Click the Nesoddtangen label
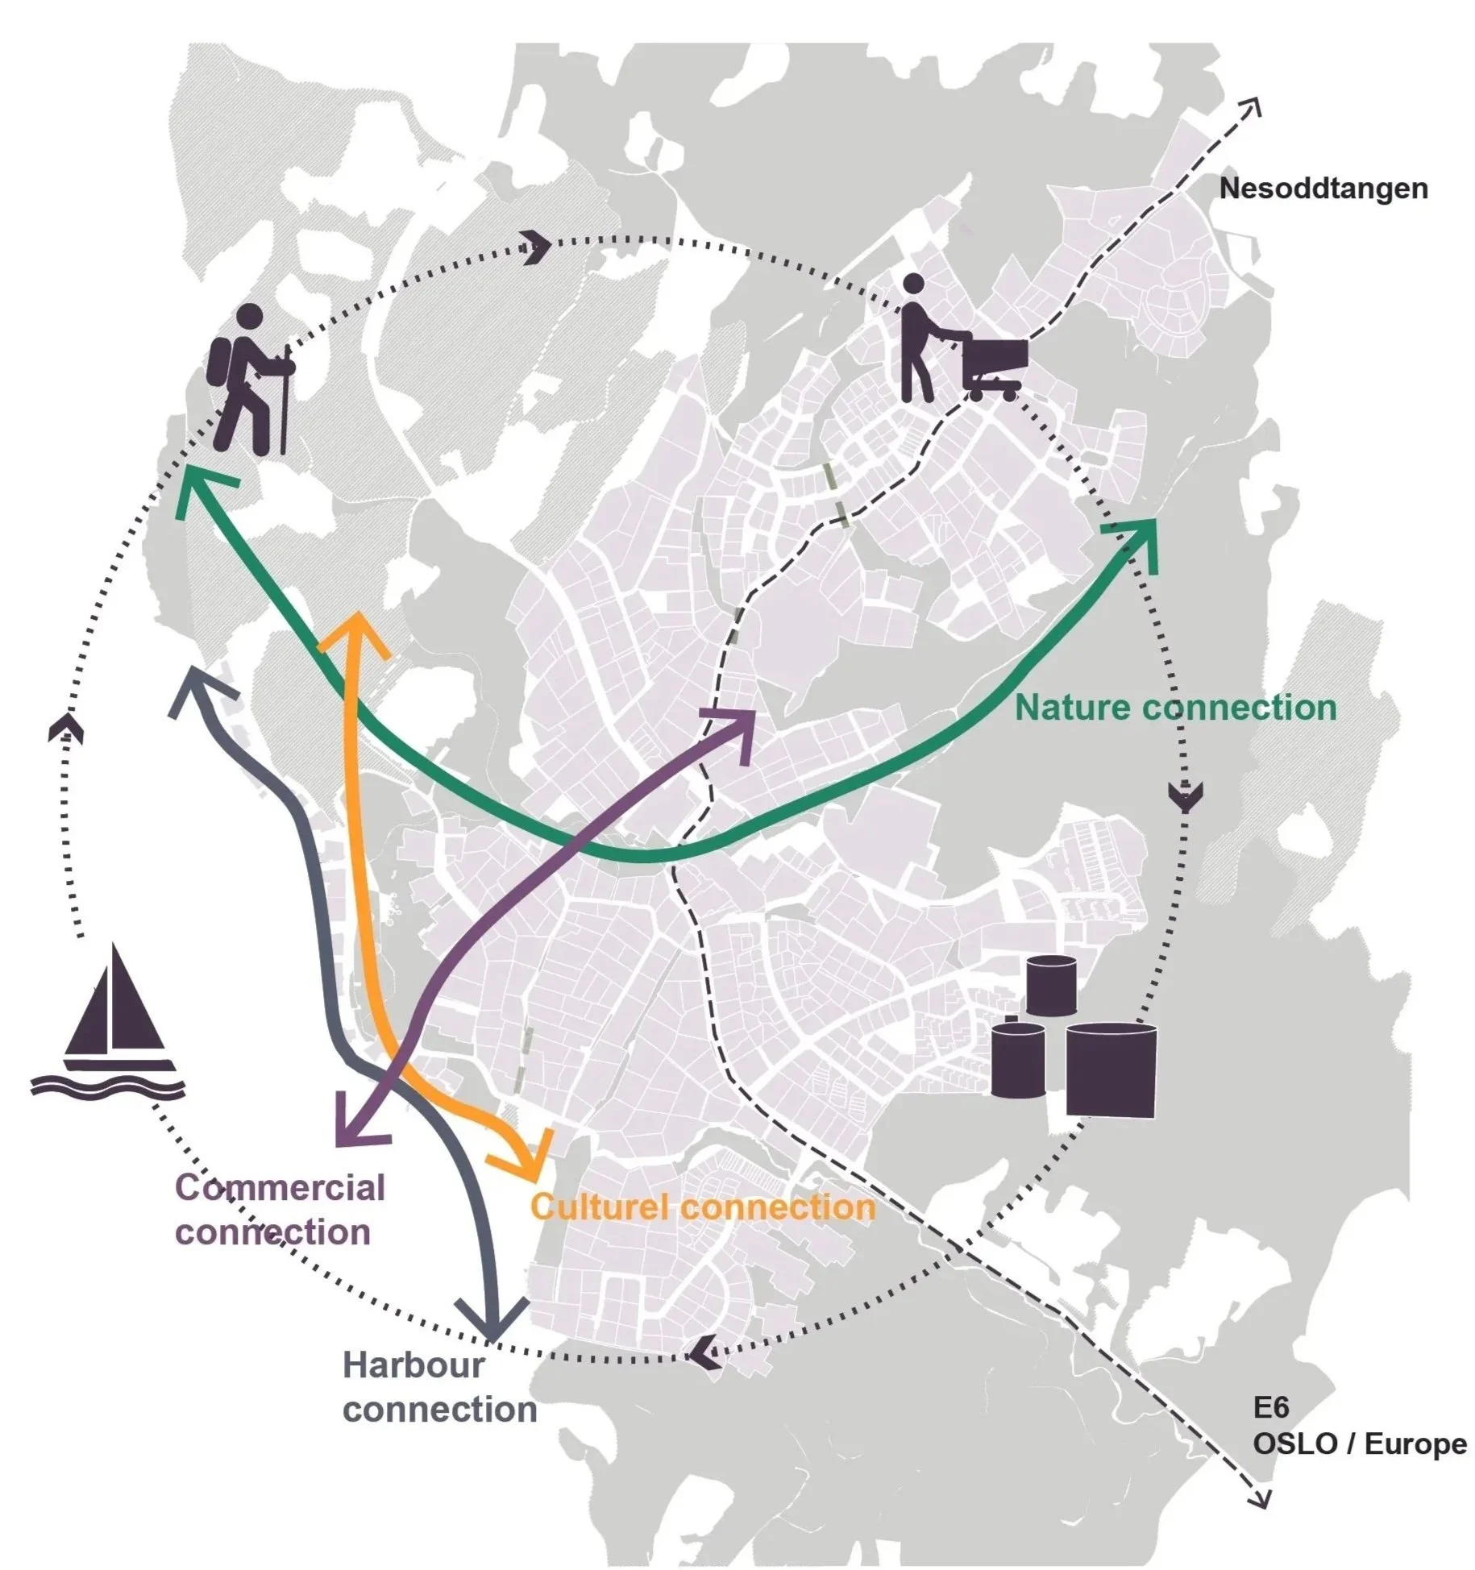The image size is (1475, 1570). point(1323,189)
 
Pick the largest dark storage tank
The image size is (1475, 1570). point(1111,1069)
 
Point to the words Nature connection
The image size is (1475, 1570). point(1175,708)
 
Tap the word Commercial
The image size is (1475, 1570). point(280,1187)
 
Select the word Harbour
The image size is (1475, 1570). point(414,1365)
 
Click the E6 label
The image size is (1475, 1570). point(1271,1407)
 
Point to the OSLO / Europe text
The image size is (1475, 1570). point(1359,1443)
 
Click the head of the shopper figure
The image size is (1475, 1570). point(913,284)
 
